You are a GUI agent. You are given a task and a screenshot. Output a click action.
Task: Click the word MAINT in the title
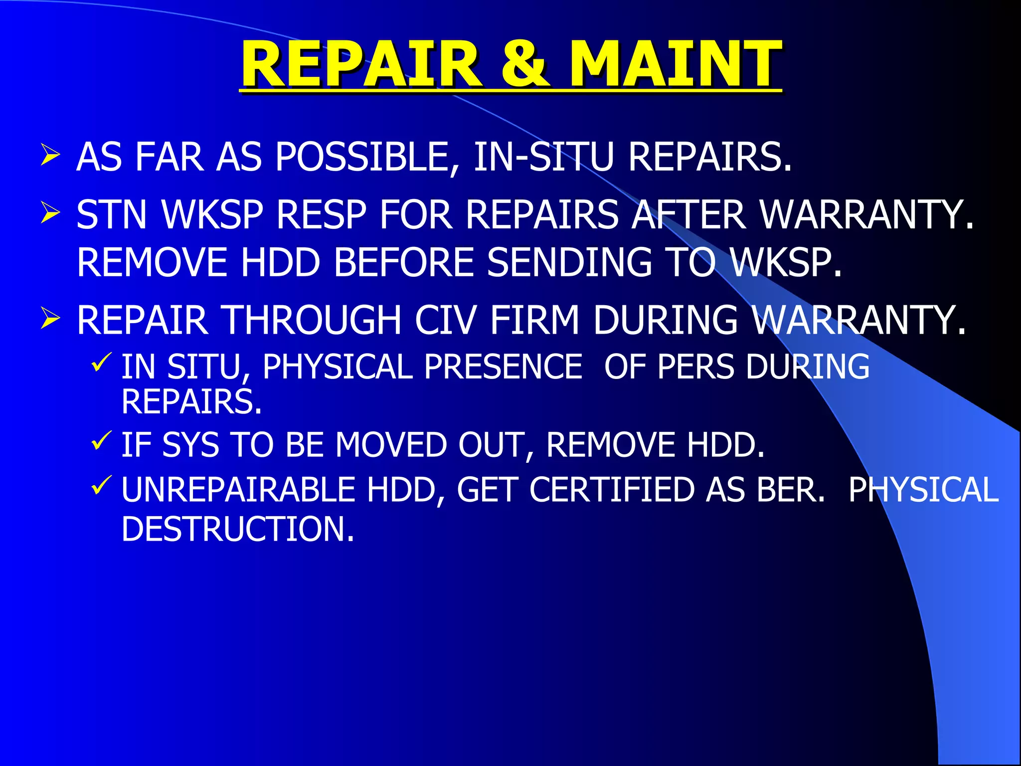tap(676, 65)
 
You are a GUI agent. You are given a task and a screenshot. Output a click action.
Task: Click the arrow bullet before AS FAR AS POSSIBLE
tap(50, 155)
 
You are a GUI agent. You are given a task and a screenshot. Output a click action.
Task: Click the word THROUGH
tap(312, 320)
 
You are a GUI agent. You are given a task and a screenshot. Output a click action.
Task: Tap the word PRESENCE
tap(503, 367)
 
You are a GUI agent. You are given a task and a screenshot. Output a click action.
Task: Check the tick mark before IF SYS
tap(102, 440)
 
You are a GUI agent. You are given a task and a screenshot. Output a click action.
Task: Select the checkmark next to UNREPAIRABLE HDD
tap(102, 485)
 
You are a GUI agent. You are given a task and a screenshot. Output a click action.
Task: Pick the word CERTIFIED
tap(612, 490)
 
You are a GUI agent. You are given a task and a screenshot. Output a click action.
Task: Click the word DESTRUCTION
tap(238, 529)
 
